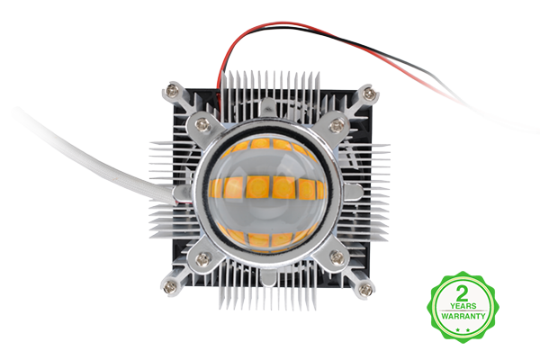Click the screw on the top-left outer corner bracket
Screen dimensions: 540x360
coord(172,91)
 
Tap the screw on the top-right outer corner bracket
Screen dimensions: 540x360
coord(370,93)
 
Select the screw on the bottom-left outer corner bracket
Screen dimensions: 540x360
coord(169,286)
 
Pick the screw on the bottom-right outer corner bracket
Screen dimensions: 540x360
coord(365,289)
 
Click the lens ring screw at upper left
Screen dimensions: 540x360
coord(202,124)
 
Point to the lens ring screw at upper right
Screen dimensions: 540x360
coord(337,126)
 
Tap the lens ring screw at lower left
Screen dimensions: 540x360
coord(203,258)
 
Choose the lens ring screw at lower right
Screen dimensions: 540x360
coord(337,257)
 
